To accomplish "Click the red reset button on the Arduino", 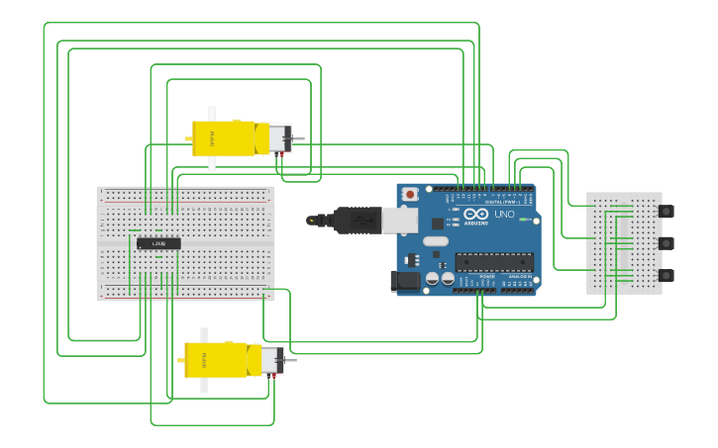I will coord(410,193).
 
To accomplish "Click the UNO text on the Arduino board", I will coord(504,214).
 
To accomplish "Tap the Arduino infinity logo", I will coord(476,214).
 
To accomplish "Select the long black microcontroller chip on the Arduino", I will coord(494,262).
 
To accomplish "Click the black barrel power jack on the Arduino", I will coord(406,281).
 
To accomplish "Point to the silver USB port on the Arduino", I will coord(400,220).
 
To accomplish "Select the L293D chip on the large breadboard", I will coord(158,243).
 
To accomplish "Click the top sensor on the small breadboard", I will coord(667,211).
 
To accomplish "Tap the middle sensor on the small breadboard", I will coord(667,243).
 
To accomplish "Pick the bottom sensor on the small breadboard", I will coord(667,275).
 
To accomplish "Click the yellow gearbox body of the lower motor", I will coord(216,360).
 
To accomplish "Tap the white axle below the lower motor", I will coord(205,385).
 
